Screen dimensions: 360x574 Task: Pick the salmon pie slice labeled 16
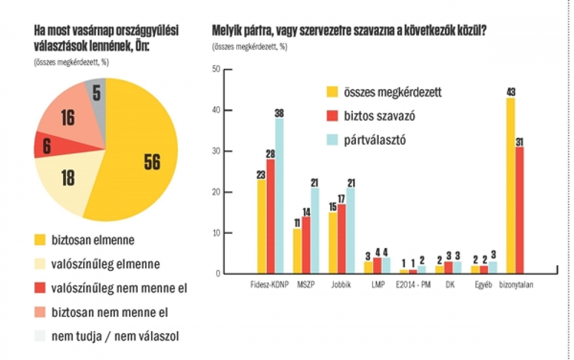[x=66, y=115]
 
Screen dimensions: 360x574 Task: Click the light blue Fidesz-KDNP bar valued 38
[x=280, y=195]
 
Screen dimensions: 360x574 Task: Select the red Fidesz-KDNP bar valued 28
[x=270, y=215]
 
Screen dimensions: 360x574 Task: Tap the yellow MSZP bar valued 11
[x=297, y=251]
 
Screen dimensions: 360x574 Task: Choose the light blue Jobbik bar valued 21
[x=350, y=230]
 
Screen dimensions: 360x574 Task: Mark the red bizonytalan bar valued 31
[x=519, y=210]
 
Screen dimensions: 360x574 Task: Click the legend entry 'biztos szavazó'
[x=379, y=116]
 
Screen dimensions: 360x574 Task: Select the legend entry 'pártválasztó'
[x=376, y=140]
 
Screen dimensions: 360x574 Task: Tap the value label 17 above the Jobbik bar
[x=341, y=199]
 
